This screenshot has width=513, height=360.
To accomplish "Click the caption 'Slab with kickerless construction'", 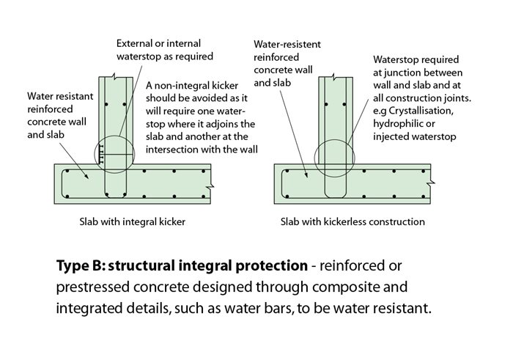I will pyautogui.click(x=353, y=221).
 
